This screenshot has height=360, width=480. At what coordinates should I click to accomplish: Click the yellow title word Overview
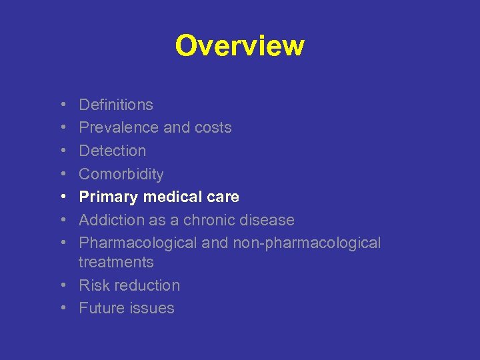pos(240,46)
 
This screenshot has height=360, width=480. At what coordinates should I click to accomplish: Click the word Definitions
pos(116,105)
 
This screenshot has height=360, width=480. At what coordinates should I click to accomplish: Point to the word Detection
pos(112,151)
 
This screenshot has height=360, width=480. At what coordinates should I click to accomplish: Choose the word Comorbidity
pos(121,174)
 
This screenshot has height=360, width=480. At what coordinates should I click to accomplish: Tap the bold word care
pos(223,197)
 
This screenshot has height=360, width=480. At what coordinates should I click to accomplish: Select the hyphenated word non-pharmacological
pos(307,243)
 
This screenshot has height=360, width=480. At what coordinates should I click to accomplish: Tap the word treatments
pos(116,263)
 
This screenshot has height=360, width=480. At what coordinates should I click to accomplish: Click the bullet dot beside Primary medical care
pos(62,197)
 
